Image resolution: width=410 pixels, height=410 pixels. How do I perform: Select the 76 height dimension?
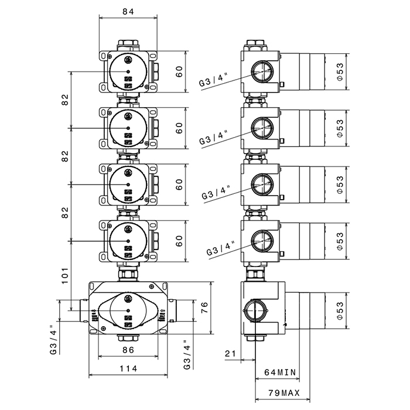tap(204, 307)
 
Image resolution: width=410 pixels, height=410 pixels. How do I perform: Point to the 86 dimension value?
tap(128, 350)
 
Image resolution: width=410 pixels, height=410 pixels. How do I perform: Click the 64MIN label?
tap(281, 372)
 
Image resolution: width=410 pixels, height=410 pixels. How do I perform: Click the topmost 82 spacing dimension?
tap(64, 100)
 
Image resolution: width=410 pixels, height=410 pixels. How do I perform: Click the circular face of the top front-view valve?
tap(128, 71)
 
